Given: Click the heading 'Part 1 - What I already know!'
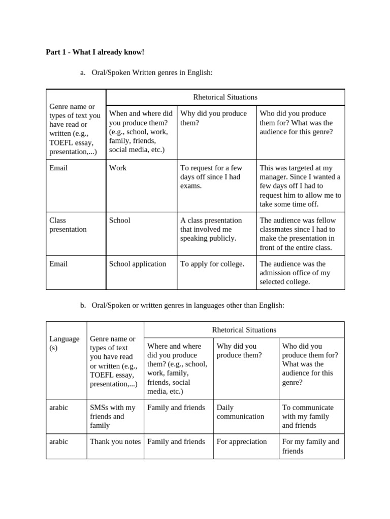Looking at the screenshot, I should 95,52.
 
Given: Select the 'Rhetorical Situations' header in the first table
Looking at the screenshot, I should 225,97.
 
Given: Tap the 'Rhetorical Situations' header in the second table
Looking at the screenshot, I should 244,329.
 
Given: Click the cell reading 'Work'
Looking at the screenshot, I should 118,168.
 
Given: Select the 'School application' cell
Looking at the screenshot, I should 138,264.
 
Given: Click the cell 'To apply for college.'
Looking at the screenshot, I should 212,264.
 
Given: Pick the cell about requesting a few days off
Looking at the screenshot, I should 211,177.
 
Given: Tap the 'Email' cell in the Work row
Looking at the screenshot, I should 58,168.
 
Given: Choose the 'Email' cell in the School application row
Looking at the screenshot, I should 58,264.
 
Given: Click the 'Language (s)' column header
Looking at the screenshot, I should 64,343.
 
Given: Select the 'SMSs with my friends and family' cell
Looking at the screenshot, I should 113,416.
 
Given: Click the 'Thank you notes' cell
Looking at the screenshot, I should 115,441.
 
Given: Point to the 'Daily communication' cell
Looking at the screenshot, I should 240,412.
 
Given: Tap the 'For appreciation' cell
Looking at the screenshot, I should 242,441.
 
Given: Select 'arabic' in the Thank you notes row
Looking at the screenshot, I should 58,441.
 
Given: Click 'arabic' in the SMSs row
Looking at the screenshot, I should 58,407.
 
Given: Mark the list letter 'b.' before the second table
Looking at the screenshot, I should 83,305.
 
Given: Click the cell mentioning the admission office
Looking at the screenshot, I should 295,273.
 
